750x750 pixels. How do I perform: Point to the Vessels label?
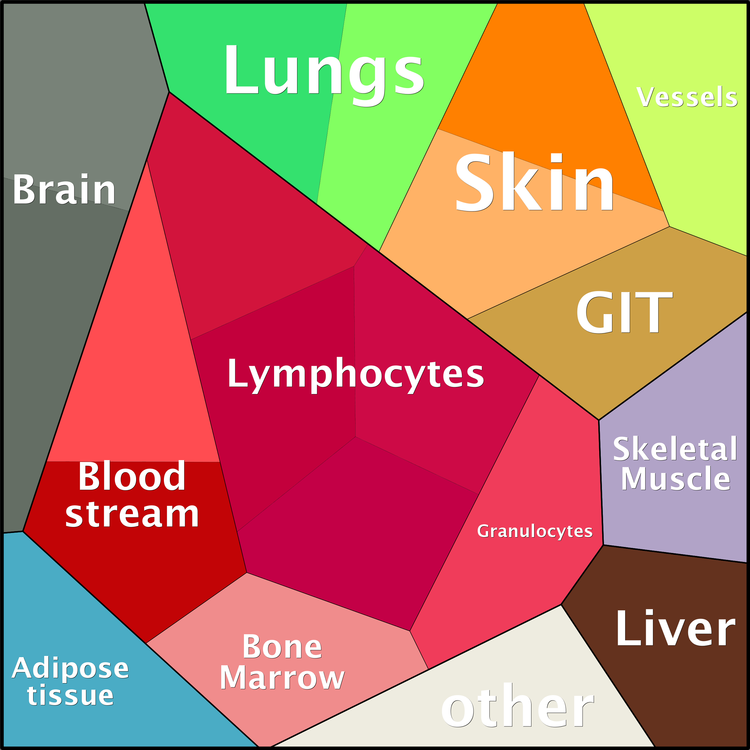pyautogui.click(x=686, y=97)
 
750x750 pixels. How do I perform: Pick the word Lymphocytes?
pyautogui.click(x=356, y=374)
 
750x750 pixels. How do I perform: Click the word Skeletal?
pyautogui.click(x=675, y=449)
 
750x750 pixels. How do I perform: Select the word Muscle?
pyautogui.click(x=675, y=479)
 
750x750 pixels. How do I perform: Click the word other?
pyautogui.click(x=518, y=706)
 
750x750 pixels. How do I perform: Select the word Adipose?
pyautogui.click(x=70, y=668)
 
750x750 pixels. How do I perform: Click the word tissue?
pyautogui.click(x=70, y=696)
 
